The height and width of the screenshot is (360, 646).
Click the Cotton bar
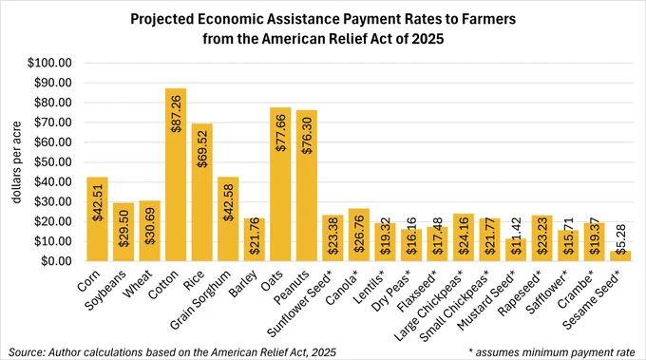[176, 175]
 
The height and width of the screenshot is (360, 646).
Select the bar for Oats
[280, 184]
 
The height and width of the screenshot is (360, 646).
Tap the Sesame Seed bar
[620, 256]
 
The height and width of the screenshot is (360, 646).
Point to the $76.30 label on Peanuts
[307, 135]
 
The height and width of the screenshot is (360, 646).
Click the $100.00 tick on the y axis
[49, 63]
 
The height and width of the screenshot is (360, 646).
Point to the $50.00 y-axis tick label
[53, 161]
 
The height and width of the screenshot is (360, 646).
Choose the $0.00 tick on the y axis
[56, 261]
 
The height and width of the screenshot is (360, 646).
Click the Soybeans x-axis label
[105, 291]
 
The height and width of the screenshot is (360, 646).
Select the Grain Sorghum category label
[200, 300]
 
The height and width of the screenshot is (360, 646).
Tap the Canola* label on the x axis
[343, 288]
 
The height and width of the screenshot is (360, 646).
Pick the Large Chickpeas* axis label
[428, 306]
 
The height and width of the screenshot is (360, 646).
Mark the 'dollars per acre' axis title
[16, 161]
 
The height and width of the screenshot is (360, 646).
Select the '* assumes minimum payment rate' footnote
[552, 352]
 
